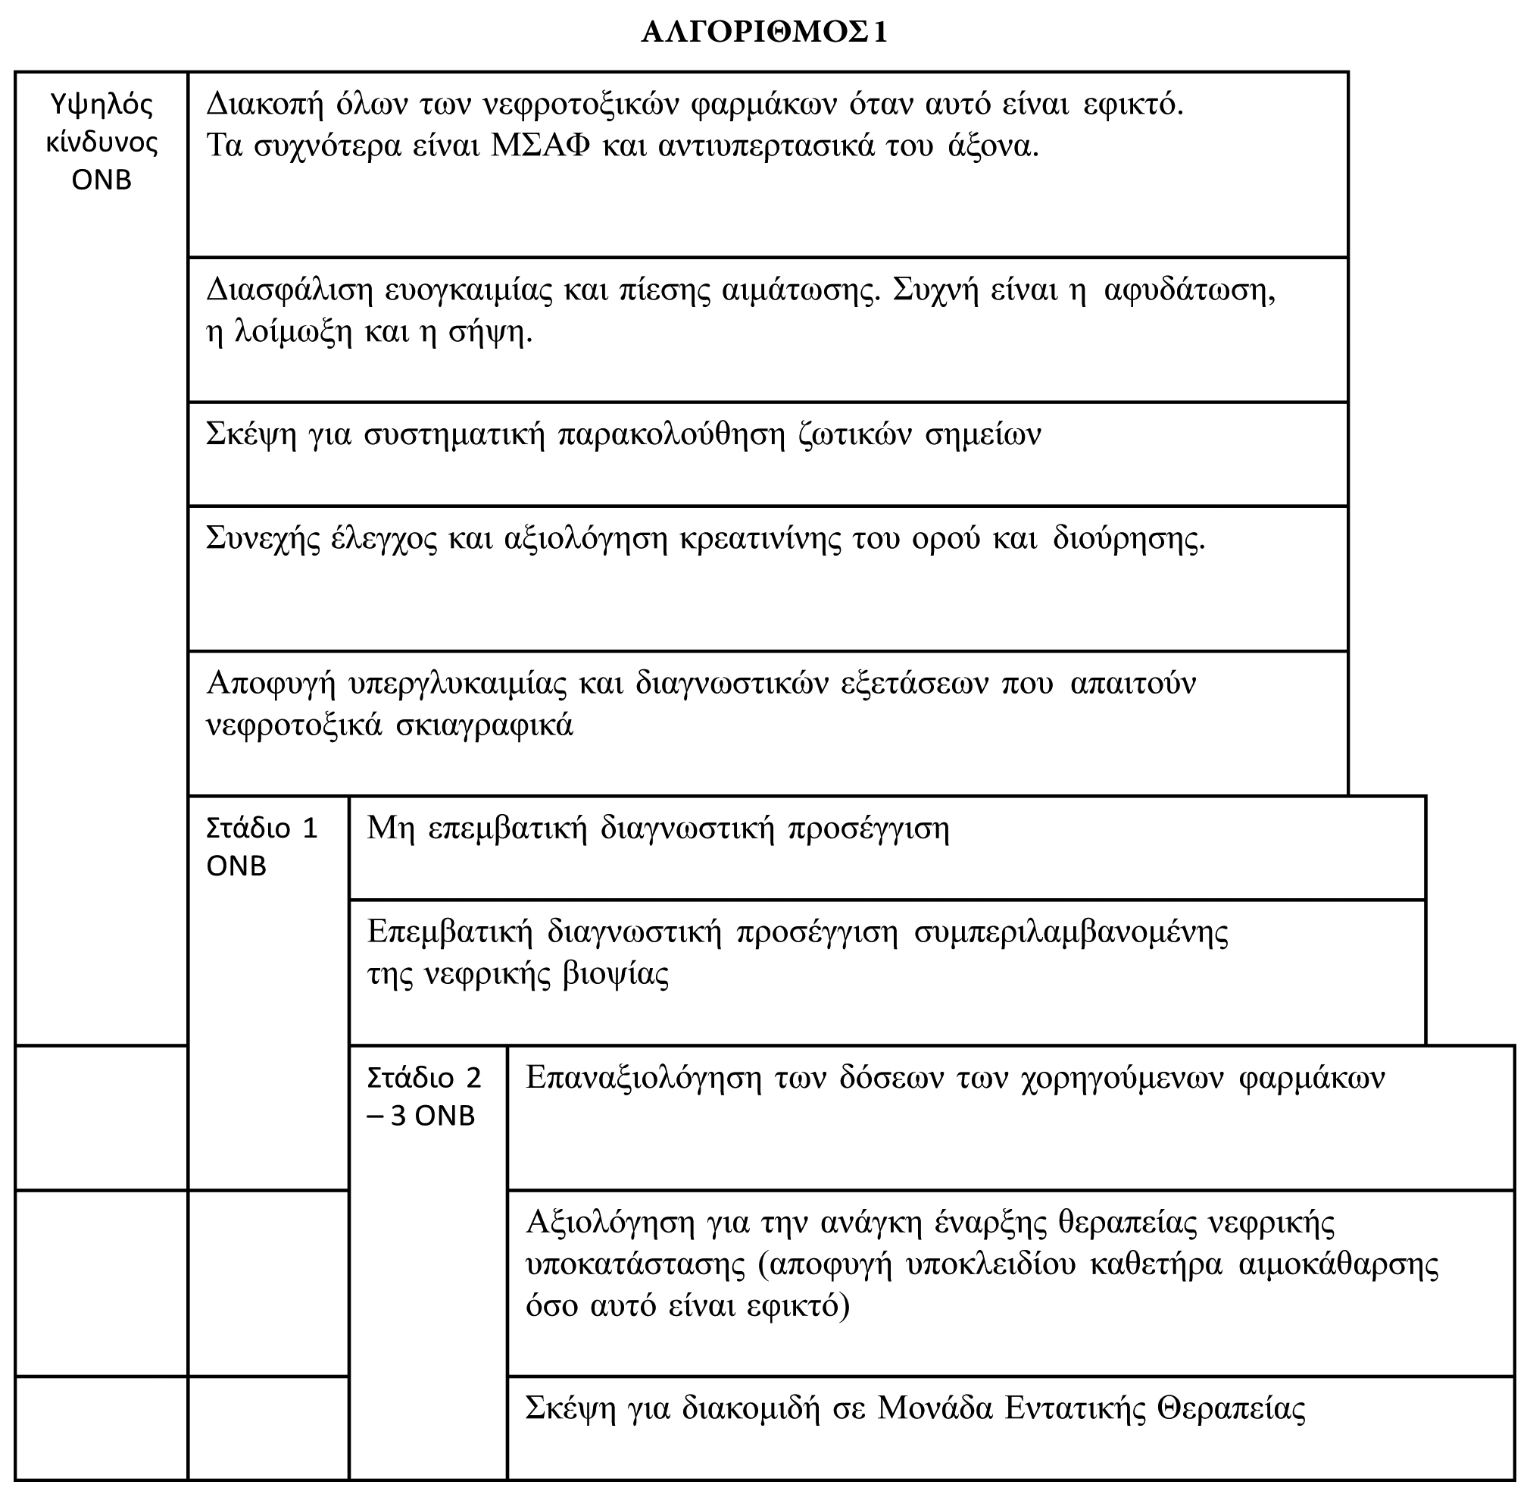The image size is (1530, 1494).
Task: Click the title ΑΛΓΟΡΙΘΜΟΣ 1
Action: [763, 33]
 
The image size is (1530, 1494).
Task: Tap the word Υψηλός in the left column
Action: [101, 105]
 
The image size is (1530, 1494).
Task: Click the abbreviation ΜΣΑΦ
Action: [539, 146]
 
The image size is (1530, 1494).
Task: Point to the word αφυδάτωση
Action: [1189, 291]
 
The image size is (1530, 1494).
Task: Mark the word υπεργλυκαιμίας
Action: [457, 684]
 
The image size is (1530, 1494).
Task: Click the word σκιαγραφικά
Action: [484, 725]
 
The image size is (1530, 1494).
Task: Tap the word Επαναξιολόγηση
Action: [643, 1078]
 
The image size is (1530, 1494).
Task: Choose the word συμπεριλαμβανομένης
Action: [1071, 933]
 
